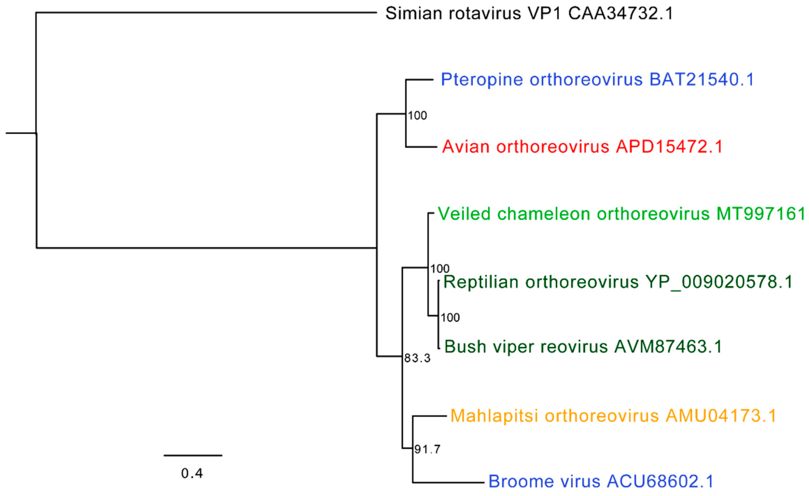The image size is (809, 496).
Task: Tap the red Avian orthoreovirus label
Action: pyautogui.click(x=582, y=147)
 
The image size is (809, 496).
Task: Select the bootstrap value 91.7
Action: pyautogui.click(x=427, y=449)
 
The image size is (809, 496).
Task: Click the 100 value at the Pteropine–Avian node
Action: pyautogui.click(x=417, y=115)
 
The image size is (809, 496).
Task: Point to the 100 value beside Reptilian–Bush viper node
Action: pyautogui.click(x=450, y=317)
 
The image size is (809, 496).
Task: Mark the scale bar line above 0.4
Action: pyautogui.click(x=193, y=455)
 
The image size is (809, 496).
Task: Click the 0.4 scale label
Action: pyautogui.click(x=192, y=473)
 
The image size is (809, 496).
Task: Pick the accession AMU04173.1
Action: pyautogui.click(x=721, y=416)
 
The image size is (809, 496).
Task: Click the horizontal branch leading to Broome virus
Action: pyautogui.click(x=448, y=482)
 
